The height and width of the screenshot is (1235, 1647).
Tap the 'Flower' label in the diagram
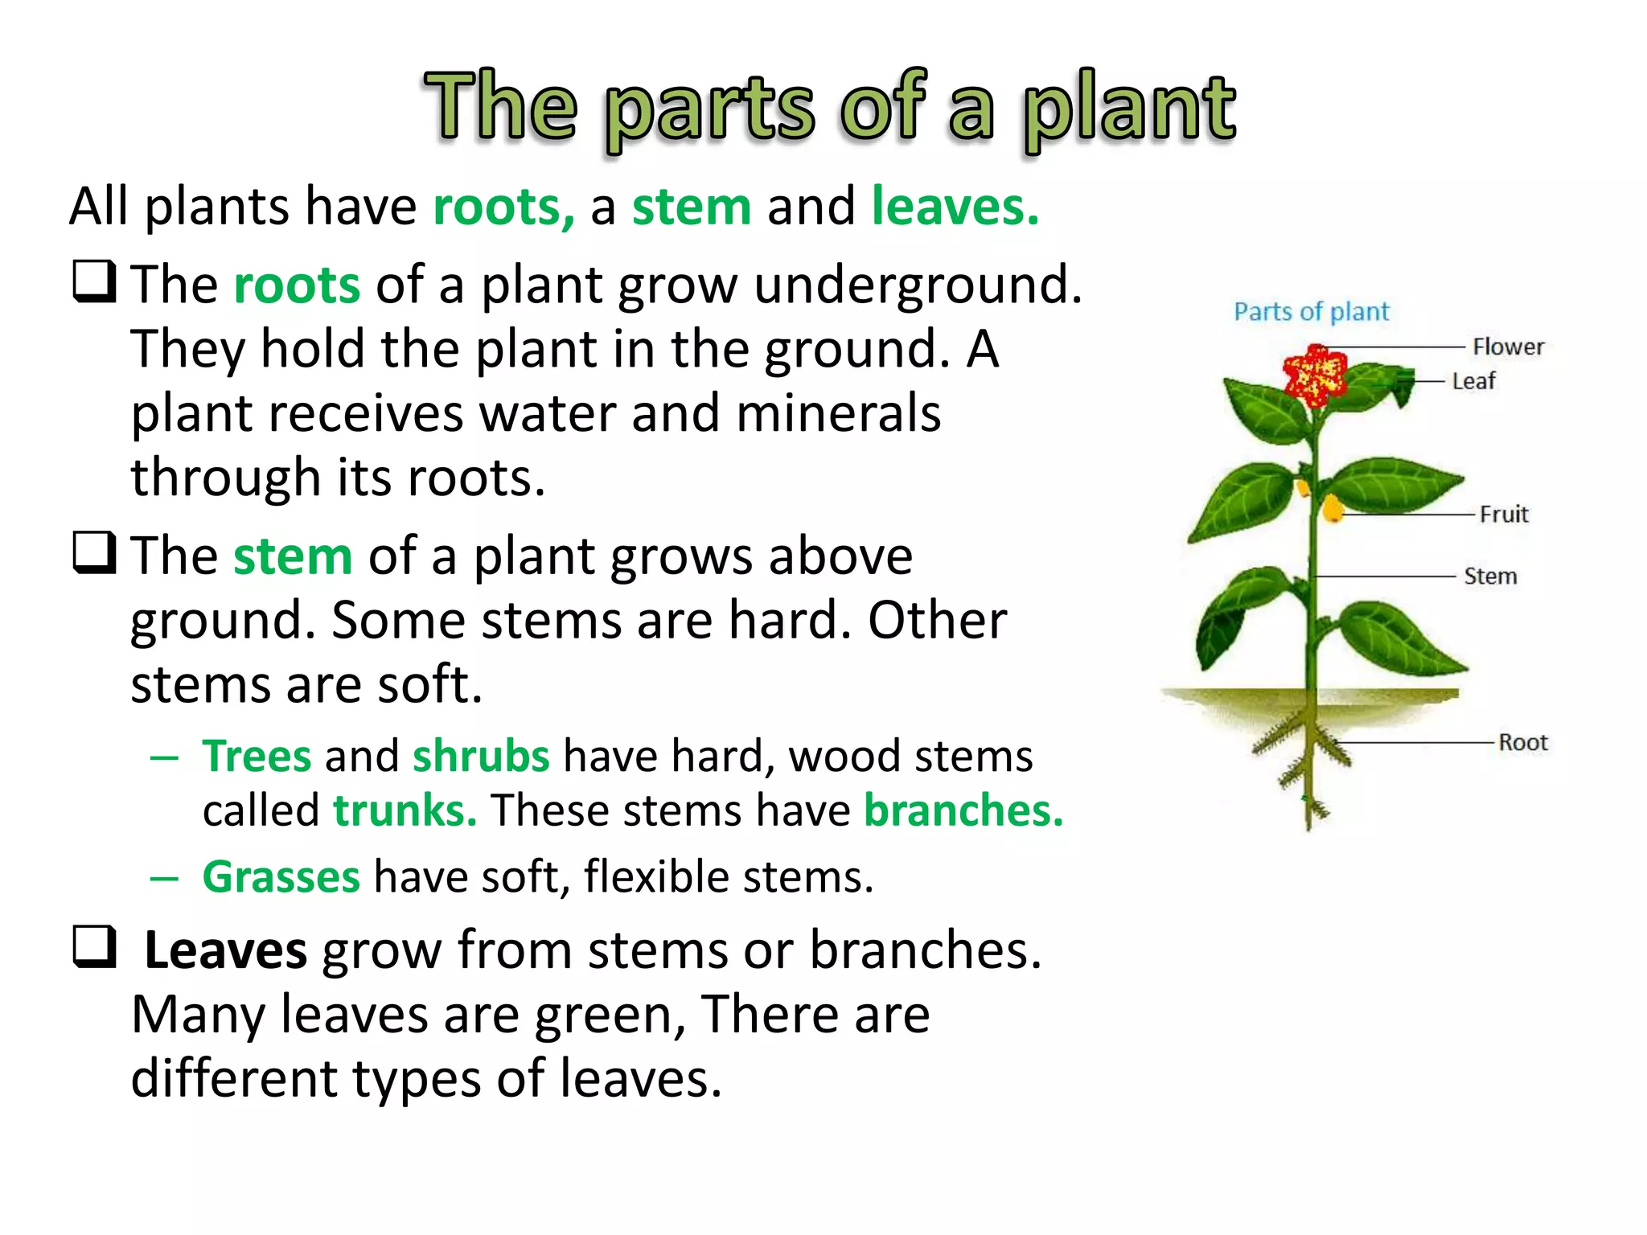[1508, 347]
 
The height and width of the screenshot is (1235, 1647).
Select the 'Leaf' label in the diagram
[1473, 381]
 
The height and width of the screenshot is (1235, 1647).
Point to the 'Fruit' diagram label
[1504, 514]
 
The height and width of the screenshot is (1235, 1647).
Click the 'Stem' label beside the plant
[1490, 576]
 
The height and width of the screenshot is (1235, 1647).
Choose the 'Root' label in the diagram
[1523, 742]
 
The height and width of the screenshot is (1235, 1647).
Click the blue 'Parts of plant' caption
[1311, 311]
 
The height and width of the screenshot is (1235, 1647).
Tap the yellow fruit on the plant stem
[1332, 508]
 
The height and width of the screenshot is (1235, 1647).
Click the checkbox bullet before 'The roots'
[94, 281]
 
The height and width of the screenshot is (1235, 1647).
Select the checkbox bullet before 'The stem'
[94, 552]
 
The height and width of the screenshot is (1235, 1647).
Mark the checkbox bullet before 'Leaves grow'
[94, 946]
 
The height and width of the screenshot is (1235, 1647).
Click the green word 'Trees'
[257, 756]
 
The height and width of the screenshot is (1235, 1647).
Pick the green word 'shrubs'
[481, 756]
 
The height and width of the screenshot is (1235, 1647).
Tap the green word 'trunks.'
[405, 810]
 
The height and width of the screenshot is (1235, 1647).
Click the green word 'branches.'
[963, 810]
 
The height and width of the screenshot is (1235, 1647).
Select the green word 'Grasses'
[281, 876]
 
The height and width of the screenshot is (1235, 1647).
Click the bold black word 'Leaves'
[225, 950]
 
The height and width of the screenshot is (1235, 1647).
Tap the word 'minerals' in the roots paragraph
[838, 413]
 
